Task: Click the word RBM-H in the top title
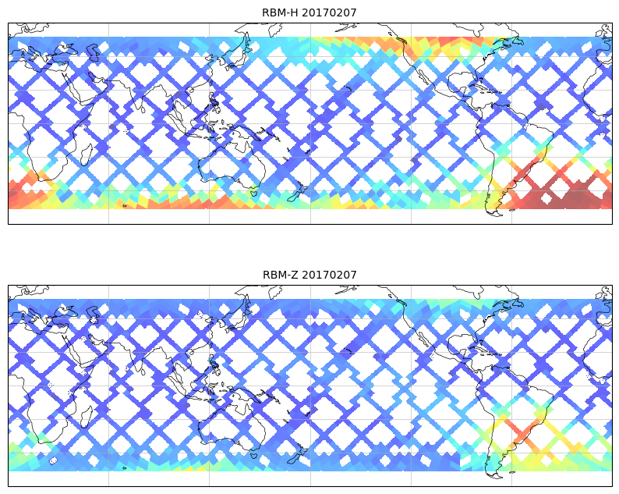279,12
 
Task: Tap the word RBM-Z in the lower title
279,275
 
